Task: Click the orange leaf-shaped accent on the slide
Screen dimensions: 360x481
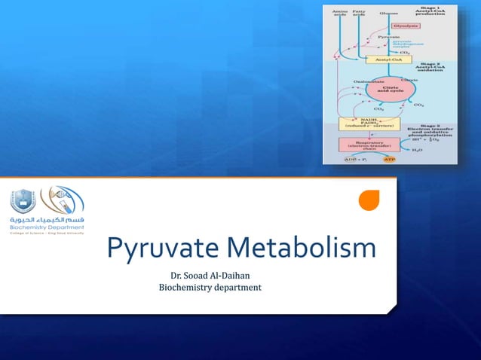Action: pyautogui.click(x=368, y=200)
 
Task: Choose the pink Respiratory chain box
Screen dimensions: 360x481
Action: pyautogui.click(x=369, y=145)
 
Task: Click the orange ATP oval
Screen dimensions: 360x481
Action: pyautogui.click(x=390, y=160)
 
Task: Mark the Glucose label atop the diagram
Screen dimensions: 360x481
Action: pyautogui.click(x=389, y=13)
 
